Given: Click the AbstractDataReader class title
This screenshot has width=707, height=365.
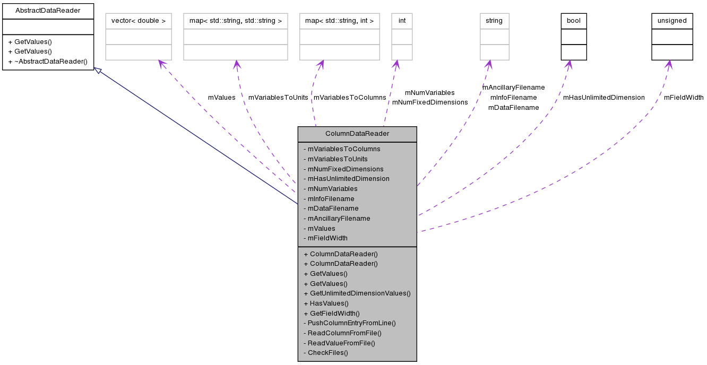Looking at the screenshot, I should (x=48, y=10).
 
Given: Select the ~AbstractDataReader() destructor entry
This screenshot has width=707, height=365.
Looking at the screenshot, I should (x=48, y=61).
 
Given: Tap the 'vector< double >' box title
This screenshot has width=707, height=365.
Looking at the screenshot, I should (x=139, y=21).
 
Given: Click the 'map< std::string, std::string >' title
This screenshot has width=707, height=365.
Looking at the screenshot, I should (x=236, y=21).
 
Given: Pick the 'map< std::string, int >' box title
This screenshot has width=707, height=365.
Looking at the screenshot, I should (x=340, y=21).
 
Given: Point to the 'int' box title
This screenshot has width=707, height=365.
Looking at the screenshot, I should (x=402, y=21).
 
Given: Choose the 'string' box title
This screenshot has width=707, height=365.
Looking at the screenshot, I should (x=494, y=21).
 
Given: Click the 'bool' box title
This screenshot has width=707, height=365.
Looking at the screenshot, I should (x=574, y=21).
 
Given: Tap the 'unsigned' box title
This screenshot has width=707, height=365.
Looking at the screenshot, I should (x=672, y=21).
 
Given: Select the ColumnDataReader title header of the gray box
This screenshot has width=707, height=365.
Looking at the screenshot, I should (x=357, y=134).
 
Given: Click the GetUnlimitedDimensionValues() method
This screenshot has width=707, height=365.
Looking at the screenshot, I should (x=357, y=293).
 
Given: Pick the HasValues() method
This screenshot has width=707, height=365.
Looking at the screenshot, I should (x=326, y=303).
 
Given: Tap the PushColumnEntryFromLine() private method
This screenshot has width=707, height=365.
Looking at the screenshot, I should (x=349, y=323).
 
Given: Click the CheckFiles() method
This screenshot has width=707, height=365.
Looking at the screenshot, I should (x=325, y=352).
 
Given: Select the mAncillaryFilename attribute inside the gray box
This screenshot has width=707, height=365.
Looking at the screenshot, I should (x=337, y=218).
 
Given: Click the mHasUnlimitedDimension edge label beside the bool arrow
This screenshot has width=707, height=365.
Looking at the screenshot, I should (x=603, y=98).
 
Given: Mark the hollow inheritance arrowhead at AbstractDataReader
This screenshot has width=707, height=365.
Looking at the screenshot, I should (x=98, y=70).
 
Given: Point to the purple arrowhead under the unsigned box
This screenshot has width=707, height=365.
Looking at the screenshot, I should (x=669, y=64).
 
